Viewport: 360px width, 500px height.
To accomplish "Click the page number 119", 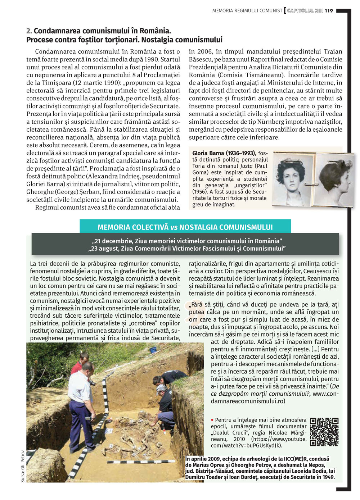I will pos(329,11).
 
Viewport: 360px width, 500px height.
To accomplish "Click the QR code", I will pos(324,432).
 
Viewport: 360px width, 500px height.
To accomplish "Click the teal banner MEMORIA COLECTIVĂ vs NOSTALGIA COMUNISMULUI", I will pos(185,227).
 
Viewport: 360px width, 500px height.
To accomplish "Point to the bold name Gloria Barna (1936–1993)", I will pos(224,153).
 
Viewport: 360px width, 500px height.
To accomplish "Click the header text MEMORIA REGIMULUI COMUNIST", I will pos(247,11).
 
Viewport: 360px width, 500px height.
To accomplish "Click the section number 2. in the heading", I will pos(29,31).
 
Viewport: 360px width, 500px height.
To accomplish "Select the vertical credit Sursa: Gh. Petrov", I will pos(23,466).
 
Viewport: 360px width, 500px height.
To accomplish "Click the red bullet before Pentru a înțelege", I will pos(212,420).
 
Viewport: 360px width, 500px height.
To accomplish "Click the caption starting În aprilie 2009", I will pos(260,468).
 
